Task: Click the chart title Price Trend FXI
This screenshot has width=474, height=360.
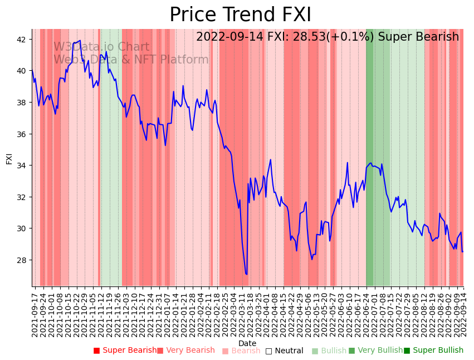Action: click(240, 15)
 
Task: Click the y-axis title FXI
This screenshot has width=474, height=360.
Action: click(9, 158)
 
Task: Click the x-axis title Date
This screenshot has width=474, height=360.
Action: click(247, 343)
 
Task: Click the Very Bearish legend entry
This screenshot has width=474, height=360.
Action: click(185, 351)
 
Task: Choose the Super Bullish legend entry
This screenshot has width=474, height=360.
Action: click(433, 351)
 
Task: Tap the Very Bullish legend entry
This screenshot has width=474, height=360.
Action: click(375, 351)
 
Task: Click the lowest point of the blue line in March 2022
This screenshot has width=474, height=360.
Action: click(246, 274)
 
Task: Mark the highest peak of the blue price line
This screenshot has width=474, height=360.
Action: click(80, 40)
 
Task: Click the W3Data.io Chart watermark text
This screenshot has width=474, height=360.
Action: click(101, 47)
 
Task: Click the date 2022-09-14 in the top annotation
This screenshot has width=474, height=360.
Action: click(228, 37)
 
